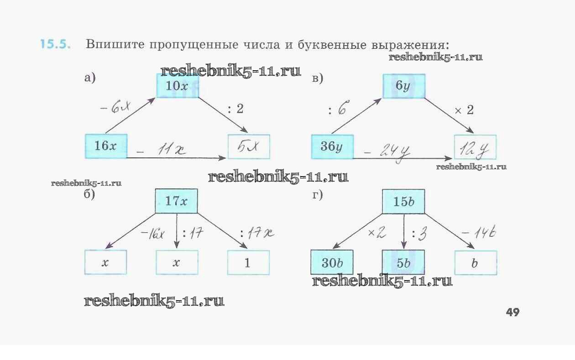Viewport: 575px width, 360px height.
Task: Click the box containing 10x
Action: point(177,86)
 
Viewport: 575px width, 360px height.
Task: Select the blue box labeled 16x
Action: point(106,146)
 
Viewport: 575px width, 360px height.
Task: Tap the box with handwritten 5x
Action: point(249,146)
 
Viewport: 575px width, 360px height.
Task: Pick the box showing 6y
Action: point(403,86)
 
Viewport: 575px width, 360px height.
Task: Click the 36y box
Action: point(332,146)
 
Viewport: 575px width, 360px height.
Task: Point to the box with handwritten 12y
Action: point(475,147)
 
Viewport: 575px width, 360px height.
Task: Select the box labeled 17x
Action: point(177,201)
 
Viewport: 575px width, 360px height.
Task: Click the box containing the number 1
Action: point(248,263)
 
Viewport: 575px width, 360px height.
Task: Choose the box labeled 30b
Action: point(332,263)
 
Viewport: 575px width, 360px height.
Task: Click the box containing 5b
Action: point(403,263)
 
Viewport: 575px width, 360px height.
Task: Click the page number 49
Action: point(512,313)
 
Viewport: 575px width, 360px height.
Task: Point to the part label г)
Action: point(318,195)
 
